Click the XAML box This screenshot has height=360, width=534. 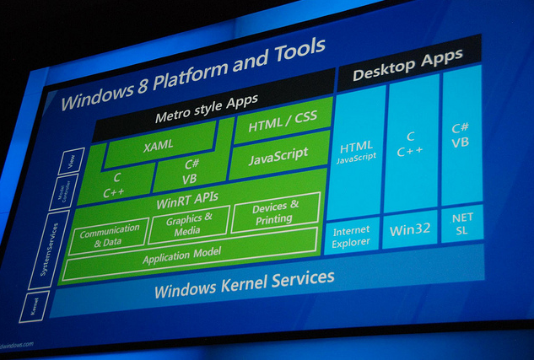tap(159, 145)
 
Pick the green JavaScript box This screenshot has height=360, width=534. tap(278, 156)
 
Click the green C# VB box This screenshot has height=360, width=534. tap(190, 175)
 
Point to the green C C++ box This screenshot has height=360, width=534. tap(115, 185)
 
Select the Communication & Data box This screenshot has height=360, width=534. tap(110, 236)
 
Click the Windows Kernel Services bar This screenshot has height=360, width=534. tap(244, 284)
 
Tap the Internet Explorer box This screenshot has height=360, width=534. tap(351, 235)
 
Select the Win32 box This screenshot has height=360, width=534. tap(409, 228)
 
